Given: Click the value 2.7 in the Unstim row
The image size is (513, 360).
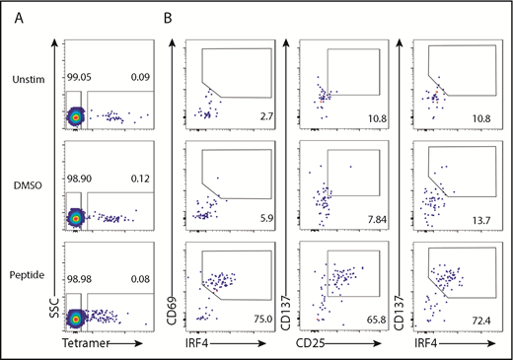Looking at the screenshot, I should coord(266,116).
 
